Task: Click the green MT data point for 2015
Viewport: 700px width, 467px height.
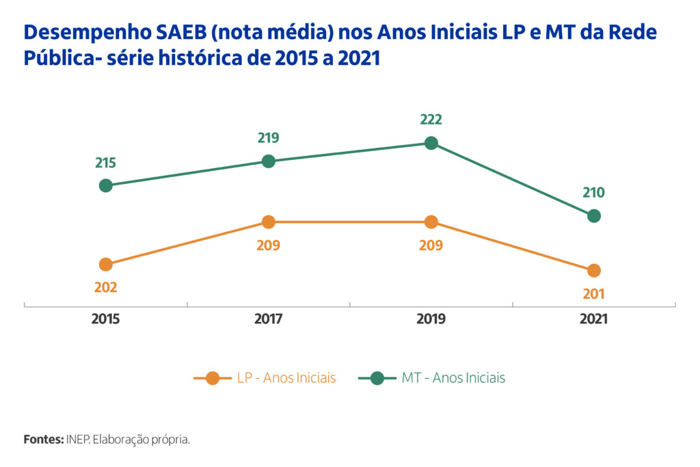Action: [x=105, y=185]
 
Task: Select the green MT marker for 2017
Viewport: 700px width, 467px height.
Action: [x=269, y=161]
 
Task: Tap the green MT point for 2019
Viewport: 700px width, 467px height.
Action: [x=431, y=143]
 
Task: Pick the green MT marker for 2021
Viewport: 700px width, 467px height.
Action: [x=594, y=216]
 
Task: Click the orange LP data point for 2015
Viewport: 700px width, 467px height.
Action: [x=105, y=265]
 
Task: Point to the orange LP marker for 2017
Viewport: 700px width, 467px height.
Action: [x=269, y=222]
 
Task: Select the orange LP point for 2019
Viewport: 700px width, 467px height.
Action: [x=431, y=222]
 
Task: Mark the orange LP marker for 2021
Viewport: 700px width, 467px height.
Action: [x=594, y=271]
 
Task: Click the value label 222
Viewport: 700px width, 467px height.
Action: [x=431, y=120]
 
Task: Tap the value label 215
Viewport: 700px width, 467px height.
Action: [x=105, y=163]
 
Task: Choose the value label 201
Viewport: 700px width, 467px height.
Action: [x=594, y=294]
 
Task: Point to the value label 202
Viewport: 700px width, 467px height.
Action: [x=105, y=287]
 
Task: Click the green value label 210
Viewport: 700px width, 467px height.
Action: [x=594, y=193]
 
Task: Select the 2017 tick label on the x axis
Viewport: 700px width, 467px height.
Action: [x=269, y=319]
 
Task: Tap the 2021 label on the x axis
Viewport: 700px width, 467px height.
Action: [x=594, y=319]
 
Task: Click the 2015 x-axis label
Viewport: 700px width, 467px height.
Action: [x=105, y=319]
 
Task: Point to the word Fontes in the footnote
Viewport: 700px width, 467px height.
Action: [x=43, y=439]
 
